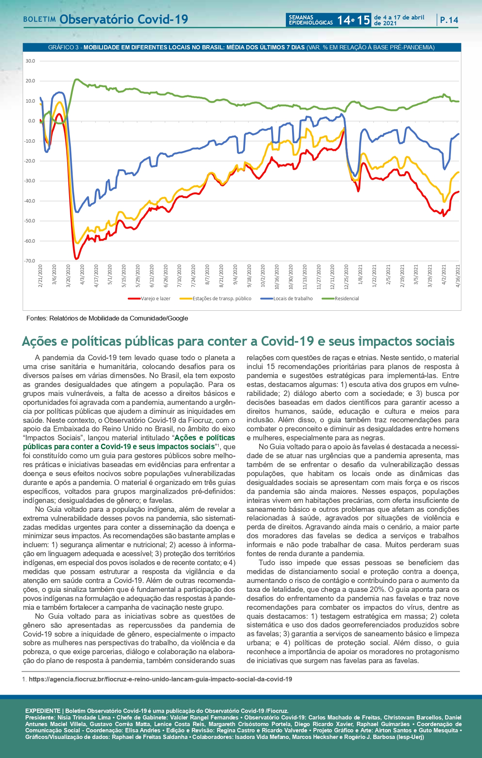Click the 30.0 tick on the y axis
(30, 61)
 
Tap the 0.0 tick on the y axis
(31, 121)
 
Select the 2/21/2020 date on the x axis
(40, 276)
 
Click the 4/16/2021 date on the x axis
(458, 276)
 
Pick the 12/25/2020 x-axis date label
(346, 276)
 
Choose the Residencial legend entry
(346, 299)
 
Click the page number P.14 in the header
(449, 20)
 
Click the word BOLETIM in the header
(39, 19)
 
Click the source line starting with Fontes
(107, 319)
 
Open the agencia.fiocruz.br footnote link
(160, 679)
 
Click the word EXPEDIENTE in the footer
(43, 711)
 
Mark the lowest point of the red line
(76, 259)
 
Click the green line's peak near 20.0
(77, 79)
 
